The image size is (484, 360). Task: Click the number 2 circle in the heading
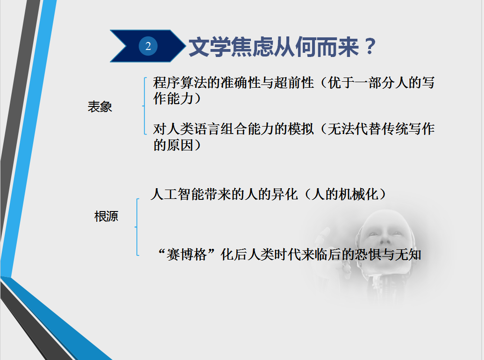[x=148, y=46]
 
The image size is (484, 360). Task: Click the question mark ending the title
[x=370, y=47]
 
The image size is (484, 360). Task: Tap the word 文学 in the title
[x=206, y=47]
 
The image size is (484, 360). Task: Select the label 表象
[x=100, y=107]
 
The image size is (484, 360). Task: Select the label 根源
[x=107, y=216]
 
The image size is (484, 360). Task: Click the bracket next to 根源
[x=137, y=227]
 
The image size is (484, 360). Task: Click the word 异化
[x=285, y=194]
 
